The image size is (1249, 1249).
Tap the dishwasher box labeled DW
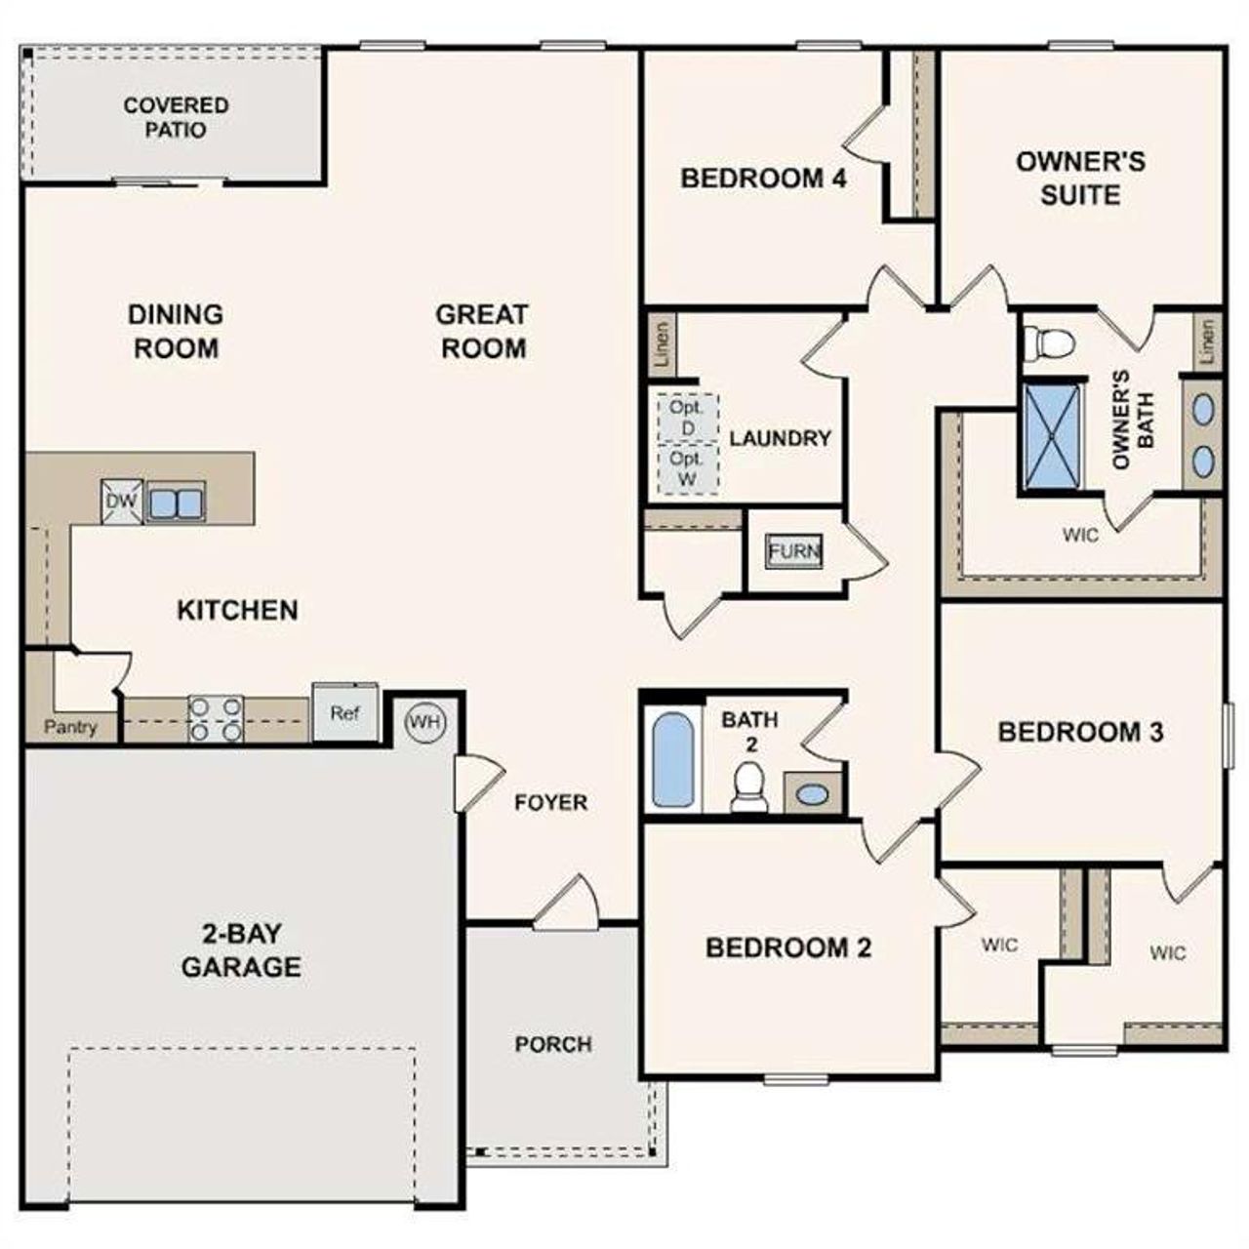coord(121,503)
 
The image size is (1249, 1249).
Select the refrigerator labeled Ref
coord(344,713)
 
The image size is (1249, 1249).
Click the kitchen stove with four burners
coord(215,718)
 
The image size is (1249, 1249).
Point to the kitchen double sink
coord(176,503)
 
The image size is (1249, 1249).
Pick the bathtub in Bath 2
coord(673,760)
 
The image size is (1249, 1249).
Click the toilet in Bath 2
coord(749,786)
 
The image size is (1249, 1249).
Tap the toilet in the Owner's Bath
coord(1049,342)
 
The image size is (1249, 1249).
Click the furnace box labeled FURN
coord(794,550)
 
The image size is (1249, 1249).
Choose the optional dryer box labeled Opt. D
coord(688,418)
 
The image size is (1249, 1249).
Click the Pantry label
coord(70,727)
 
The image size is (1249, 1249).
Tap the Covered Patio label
coord(177,117)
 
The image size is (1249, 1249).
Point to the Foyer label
coord(551,802)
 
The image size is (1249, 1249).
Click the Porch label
coord(553,1044)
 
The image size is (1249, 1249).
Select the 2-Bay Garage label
coord(241,950)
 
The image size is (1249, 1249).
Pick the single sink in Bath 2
coord(811,793)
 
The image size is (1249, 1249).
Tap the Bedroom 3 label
coord(1080,732)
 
